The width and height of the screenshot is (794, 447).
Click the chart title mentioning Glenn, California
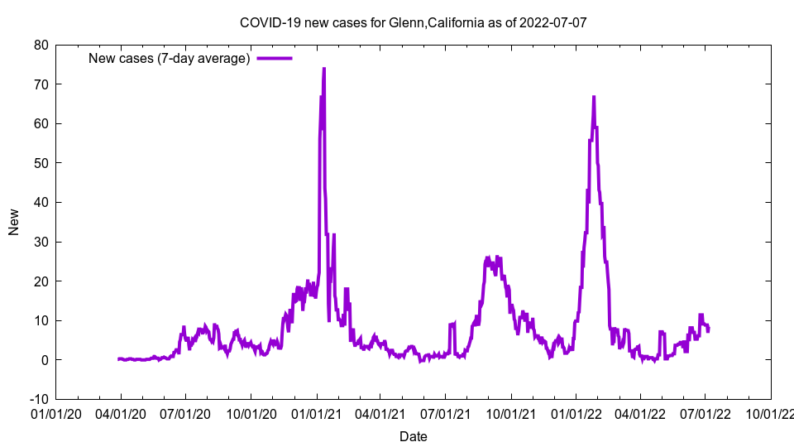click(x=413, y=22)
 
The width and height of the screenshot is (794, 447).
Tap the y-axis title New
click(x=14, y=222)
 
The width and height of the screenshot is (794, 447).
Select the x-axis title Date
click(x=413, y=436)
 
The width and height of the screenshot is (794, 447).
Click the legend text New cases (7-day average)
click(x=169, y=58)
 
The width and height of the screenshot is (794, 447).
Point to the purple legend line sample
click(x=275, y=58)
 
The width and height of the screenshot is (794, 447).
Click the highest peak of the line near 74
click(x=323, y=69)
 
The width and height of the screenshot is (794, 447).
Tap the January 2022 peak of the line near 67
click(x=593, y=97)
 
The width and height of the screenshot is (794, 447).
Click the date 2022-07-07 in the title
click(x=553, y=22)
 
